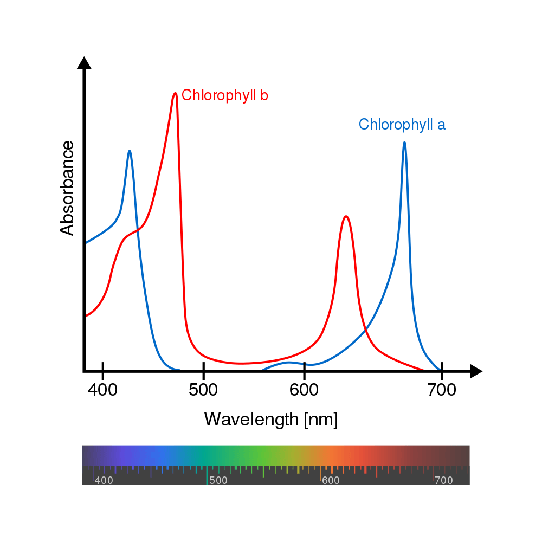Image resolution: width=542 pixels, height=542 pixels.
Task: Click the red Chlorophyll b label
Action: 225,95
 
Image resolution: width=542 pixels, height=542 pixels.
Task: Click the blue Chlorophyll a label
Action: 402,125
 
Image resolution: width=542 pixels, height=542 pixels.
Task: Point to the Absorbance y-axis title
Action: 67,188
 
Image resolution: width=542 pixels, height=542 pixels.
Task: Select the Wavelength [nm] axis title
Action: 270,419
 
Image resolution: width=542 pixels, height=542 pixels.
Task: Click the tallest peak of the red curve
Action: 175,93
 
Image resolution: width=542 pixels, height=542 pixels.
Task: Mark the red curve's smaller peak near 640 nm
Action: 346,217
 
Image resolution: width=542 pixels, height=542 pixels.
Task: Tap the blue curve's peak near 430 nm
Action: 130,151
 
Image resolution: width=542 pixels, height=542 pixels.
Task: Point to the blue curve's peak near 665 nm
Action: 404,143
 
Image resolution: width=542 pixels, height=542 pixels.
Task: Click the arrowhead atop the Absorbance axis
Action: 84,62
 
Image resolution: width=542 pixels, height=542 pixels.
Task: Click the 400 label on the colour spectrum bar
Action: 104,480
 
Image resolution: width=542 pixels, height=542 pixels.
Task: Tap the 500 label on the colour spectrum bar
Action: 218,480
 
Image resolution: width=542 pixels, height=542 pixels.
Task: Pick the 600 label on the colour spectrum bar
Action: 330,480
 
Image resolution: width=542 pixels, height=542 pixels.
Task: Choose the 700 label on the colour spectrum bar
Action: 443,480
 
